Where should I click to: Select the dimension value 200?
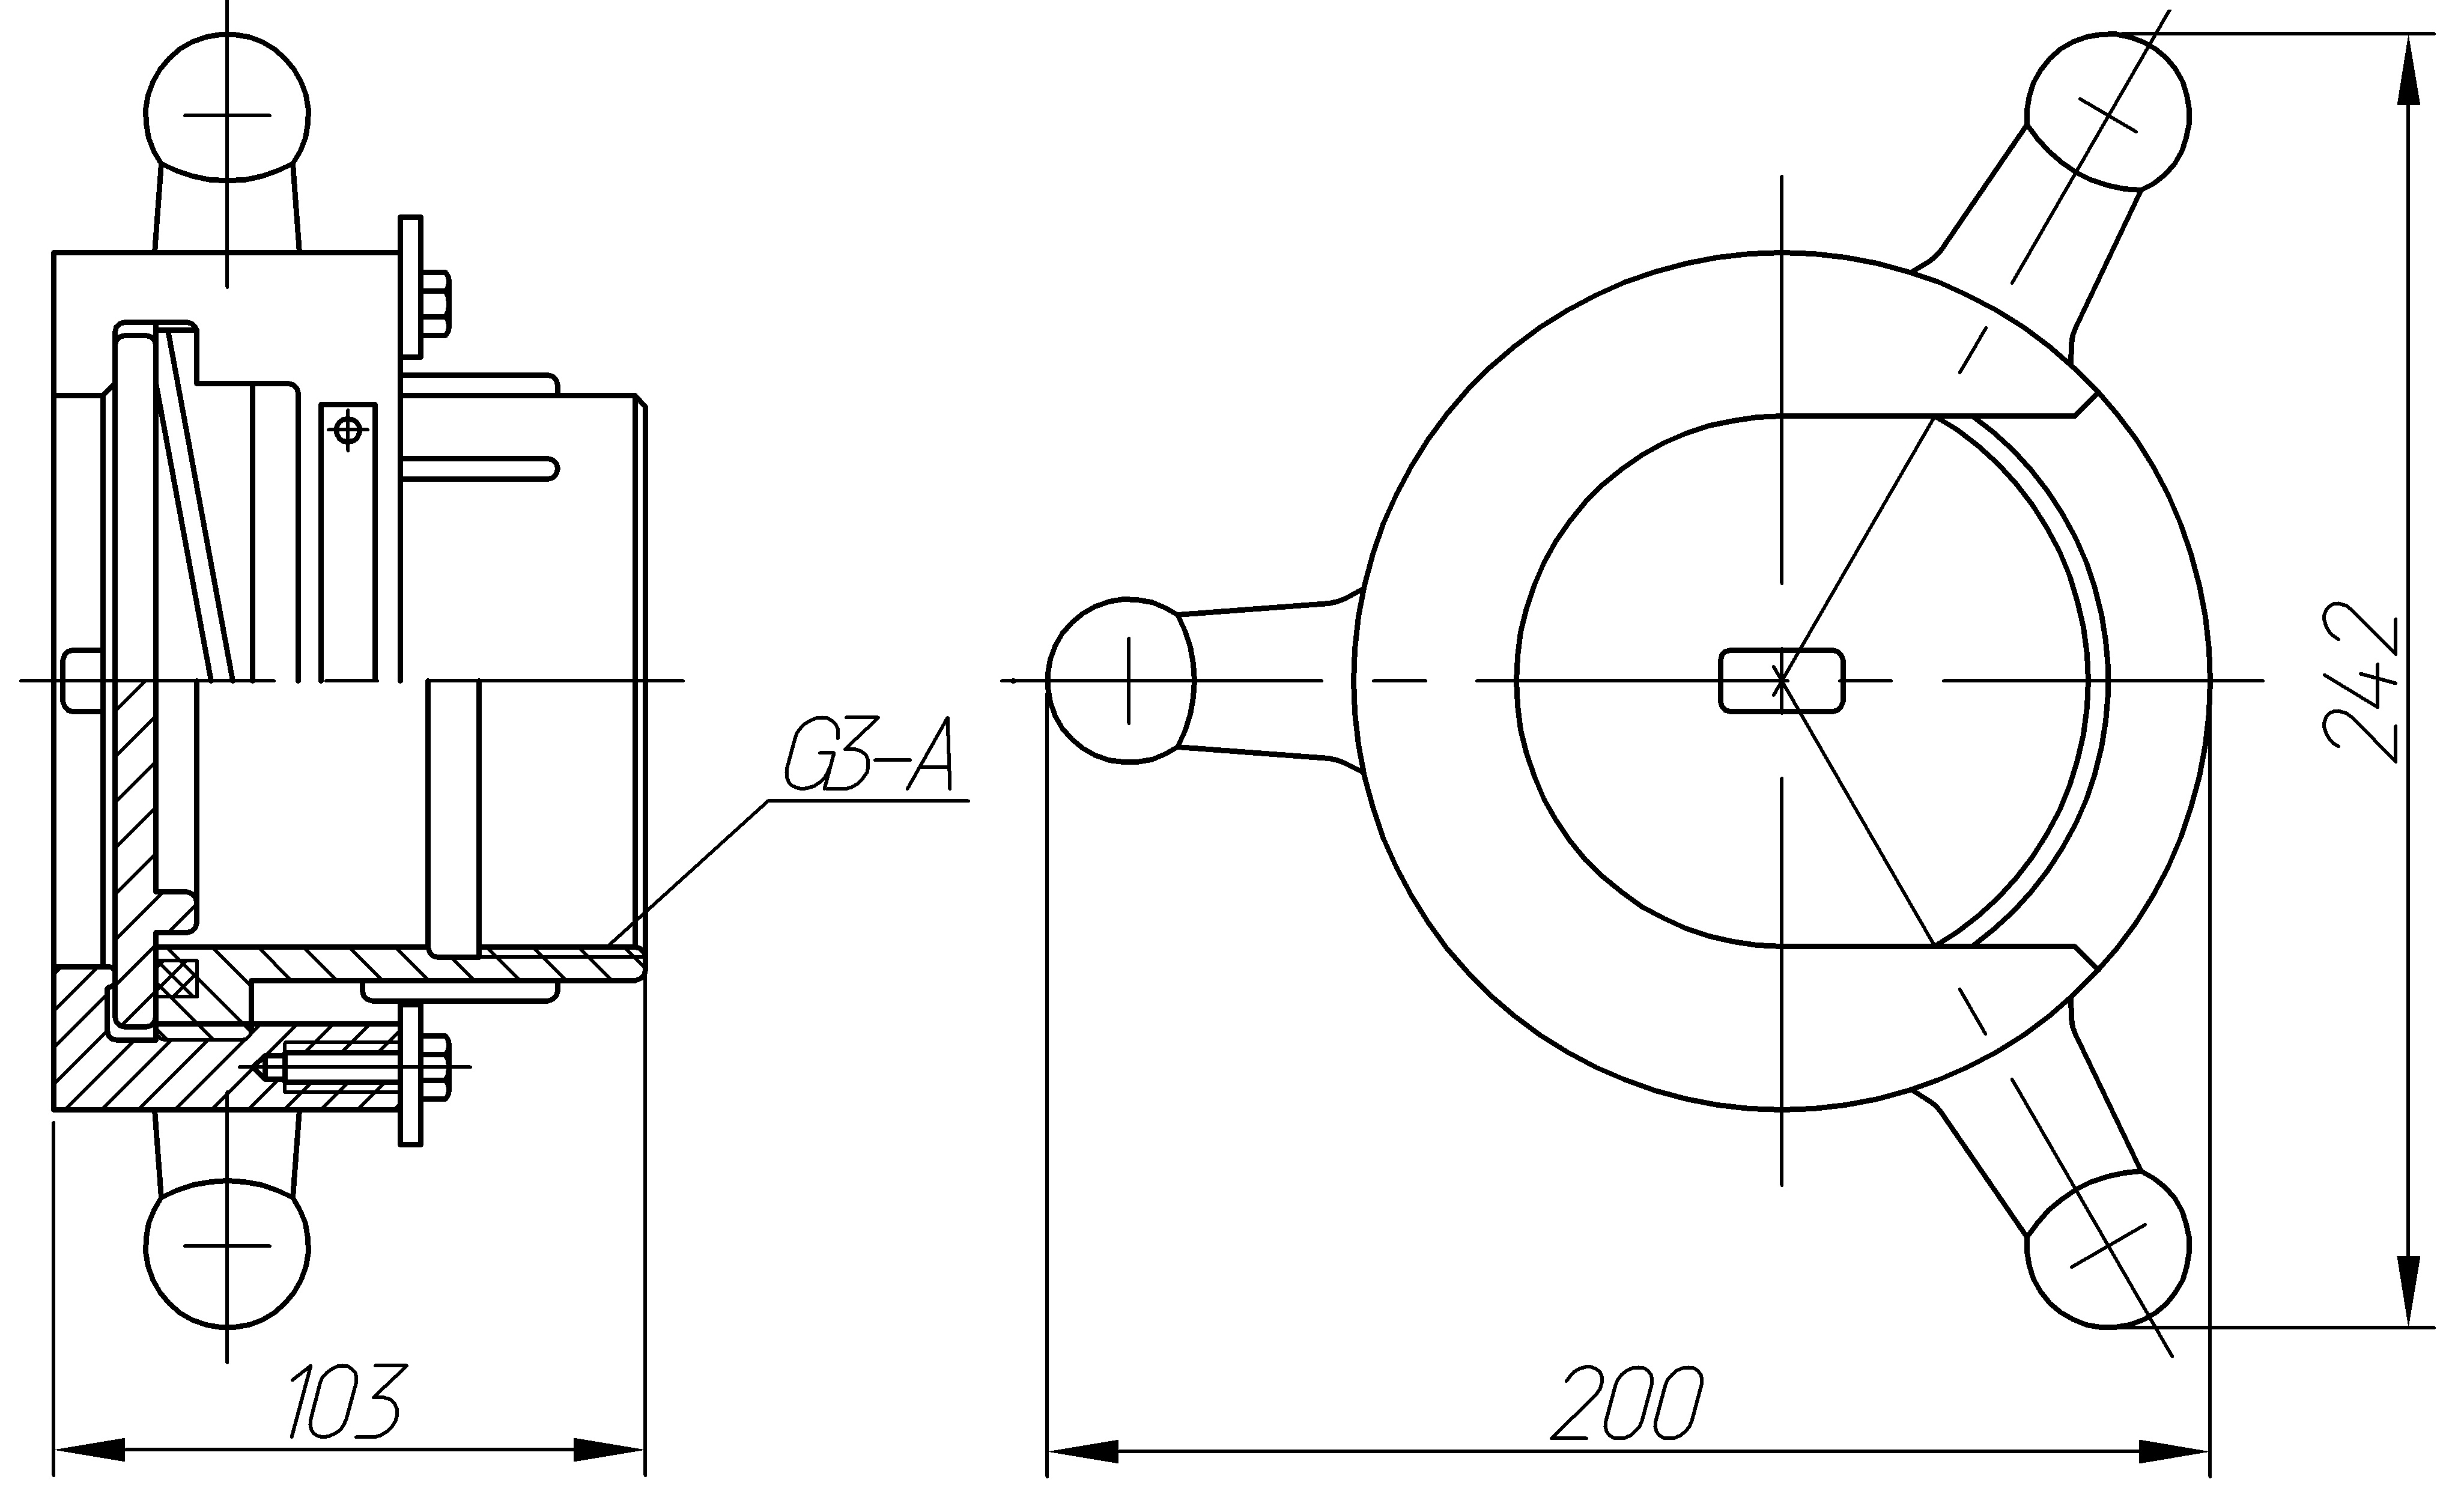(x=1627, y=1402)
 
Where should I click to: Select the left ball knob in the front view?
(x=1121, y=681)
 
